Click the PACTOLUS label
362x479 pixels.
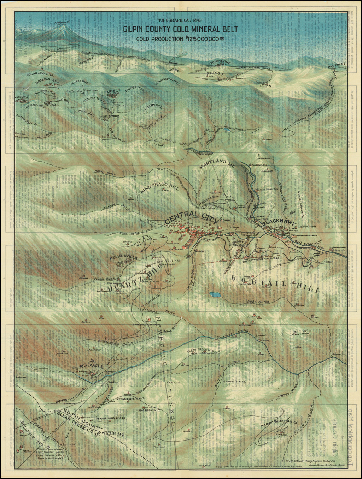point(335,66)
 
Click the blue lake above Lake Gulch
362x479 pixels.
point(214,294)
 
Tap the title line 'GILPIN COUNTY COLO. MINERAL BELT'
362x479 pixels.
point(180,29)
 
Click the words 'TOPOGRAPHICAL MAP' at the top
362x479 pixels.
point(180,21)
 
